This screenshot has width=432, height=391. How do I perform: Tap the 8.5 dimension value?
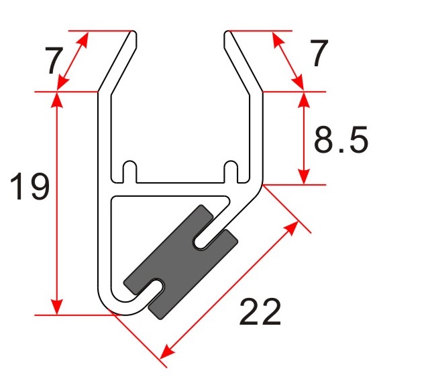tap(341, 141)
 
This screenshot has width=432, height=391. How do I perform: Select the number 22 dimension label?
tap(260, 313)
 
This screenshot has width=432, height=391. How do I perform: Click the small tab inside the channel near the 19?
tap(130, 170)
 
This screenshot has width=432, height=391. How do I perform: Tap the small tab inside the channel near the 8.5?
tap(231, 170)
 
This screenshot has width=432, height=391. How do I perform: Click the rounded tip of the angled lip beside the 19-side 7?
tap(135, 33)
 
